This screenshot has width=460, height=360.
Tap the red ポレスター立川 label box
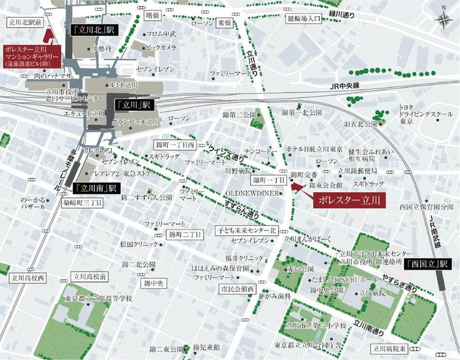point(349,199)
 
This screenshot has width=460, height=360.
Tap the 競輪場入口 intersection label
point(304,19)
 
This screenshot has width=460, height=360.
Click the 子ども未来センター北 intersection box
point(247,229)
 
